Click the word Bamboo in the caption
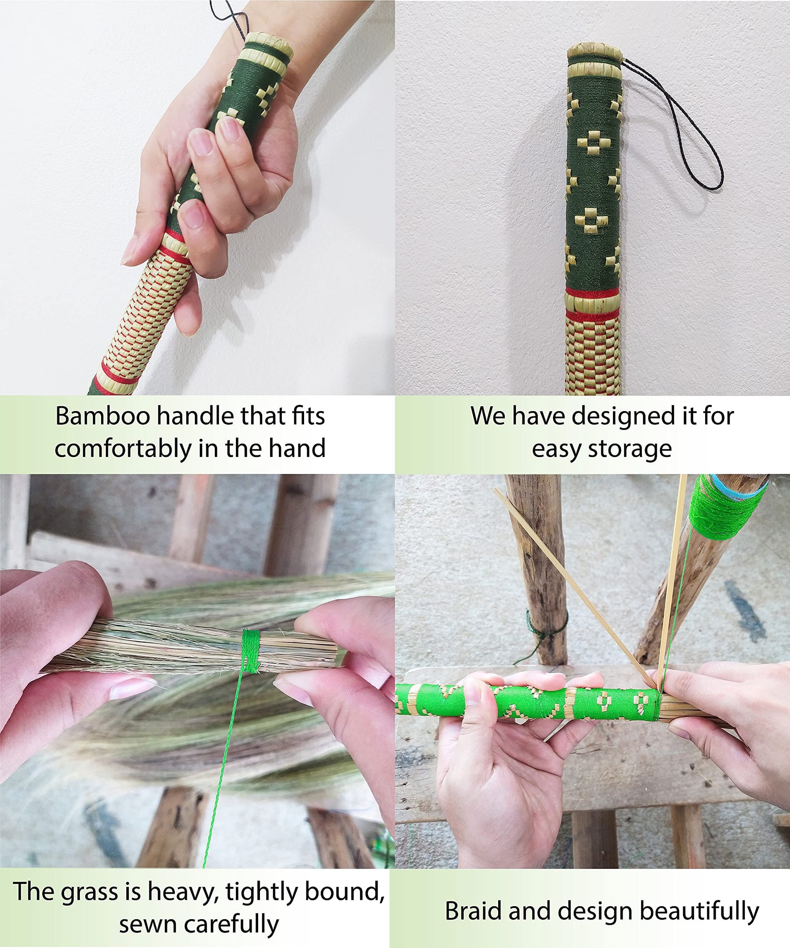(x=101, y=416)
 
